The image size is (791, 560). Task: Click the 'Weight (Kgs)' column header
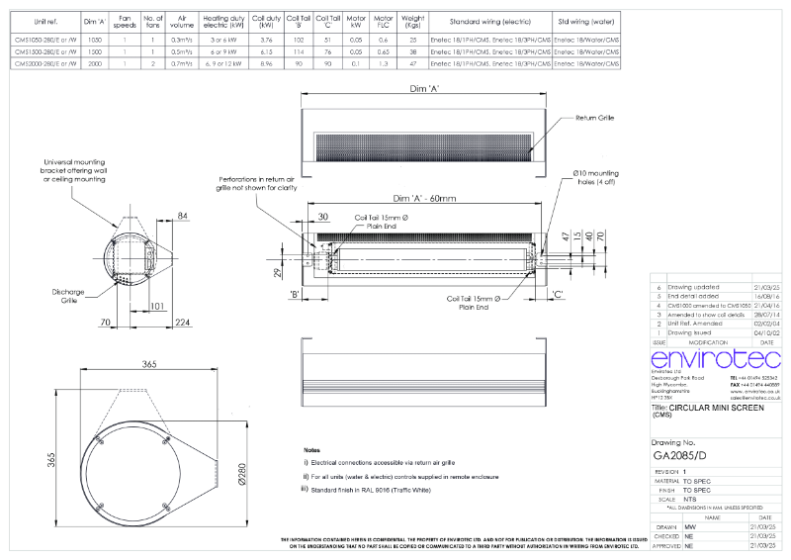413,20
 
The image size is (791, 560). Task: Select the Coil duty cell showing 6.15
266,51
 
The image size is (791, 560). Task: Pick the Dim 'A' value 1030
95,40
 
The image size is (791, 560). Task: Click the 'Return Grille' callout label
594,118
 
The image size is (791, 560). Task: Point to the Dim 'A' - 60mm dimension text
424,199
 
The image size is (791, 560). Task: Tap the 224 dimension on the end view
183,322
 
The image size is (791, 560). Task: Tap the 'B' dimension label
294,295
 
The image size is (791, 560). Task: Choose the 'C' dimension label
559,295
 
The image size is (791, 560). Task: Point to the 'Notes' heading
312,449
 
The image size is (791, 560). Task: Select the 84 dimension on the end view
183,215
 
